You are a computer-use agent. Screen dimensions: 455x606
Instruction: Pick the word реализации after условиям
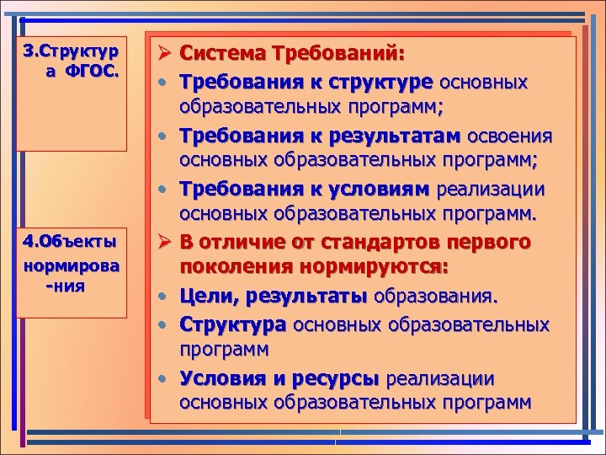click(497, 190)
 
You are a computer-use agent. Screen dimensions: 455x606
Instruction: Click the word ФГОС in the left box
click(98, 71)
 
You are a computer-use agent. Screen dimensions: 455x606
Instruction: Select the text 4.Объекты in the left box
click(70, 242)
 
